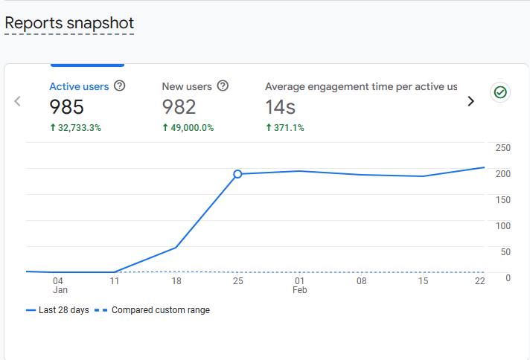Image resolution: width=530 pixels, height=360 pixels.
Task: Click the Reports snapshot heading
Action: pyautogui.click(x=69, y=23)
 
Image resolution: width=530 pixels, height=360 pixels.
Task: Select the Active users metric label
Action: pyautogui.click(x=79, y=86)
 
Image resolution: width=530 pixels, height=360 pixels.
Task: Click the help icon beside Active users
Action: pyautogui.click(x=120, y=86)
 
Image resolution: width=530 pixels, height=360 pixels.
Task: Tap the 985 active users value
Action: pyautogui.click(x=66, y=107)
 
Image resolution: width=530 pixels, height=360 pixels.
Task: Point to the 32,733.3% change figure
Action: pyautogui.click(x=75, y=128)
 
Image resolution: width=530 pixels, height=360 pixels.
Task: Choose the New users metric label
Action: pyautogui.click(x=187, y=86)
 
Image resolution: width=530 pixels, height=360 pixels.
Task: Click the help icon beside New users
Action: pyautogui.click(x=223, y=86)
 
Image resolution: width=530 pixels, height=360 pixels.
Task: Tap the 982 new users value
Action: pyautogui.click(x=179, y=107)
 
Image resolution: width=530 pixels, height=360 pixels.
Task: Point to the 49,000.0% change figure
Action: pyautogui.click(x=188, y=128)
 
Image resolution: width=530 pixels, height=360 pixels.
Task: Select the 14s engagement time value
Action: pyautogui.click(x=280, y=107)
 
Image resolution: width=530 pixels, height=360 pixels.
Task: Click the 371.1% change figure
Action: pyautogui.click(x=285, y=128)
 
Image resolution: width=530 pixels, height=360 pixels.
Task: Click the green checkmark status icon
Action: pyautogui.click(x=500, y=92)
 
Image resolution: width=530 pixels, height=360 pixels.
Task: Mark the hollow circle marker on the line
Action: pyautogui.click(x=237, y=174)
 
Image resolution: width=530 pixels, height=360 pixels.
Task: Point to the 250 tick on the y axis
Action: pyautogui.click(x=502, y=148)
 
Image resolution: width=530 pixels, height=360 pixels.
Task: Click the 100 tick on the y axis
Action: pyautogui.click(x=502, y=225)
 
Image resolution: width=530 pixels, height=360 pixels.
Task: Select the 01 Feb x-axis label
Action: pyautogui.click(x=299, y=286)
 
